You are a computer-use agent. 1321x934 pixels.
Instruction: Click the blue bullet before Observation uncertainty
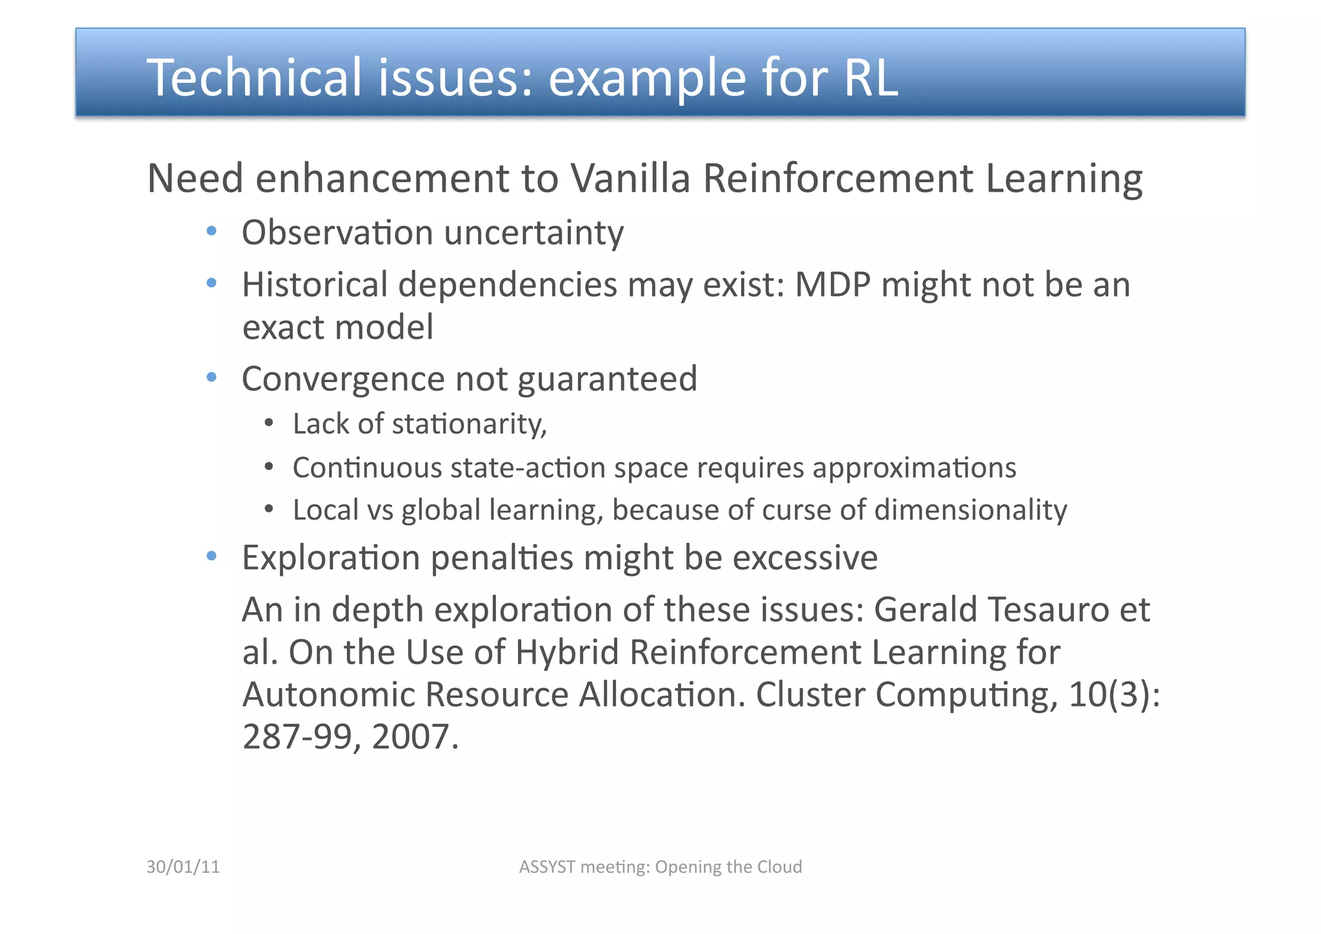212,232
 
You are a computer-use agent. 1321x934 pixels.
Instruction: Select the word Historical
314,285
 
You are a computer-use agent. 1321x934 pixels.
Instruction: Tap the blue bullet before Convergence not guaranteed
212,378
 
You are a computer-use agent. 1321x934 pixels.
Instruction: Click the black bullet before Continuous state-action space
270,467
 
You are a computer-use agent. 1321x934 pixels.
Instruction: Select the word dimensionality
970,510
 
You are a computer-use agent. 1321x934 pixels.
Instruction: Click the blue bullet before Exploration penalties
212,556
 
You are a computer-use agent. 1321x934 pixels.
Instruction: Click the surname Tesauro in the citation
1048,609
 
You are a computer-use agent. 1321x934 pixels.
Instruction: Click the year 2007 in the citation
411,736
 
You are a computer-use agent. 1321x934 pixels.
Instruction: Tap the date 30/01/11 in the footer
183,867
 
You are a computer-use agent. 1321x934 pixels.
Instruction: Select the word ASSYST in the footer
547,867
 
